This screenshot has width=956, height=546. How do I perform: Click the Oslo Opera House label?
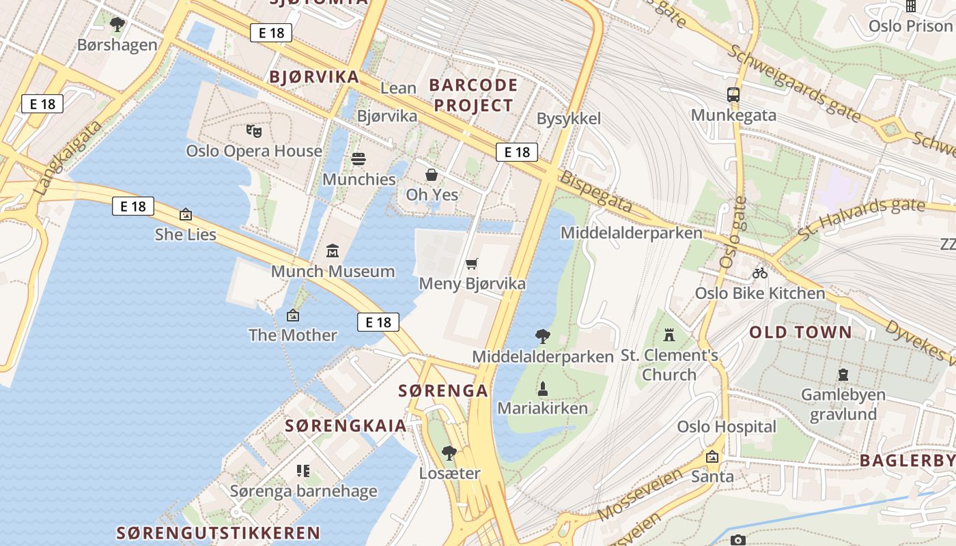click(254, 151)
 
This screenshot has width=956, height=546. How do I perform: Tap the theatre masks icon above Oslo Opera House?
click(254, 130)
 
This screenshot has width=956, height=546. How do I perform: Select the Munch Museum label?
click(333, 271)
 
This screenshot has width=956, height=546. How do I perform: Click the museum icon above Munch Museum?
click(333, 251)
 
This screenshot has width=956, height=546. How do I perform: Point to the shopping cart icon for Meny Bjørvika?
click(472, 263)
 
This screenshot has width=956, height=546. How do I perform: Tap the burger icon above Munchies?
click(358, 160)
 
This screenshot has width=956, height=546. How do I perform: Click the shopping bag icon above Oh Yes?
click(432, 175)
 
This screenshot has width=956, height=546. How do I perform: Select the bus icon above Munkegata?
click(733, 95)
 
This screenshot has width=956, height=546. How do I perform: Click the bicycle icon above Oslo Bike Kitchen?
click(760, 273)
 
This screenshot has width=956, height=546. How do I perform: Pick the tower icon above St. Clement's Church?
click(669, 335)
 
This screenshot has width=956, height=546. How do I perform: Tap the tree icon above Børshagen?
click(117, 25)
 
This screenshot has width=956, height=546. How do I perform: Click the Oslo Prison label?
click(910, 26)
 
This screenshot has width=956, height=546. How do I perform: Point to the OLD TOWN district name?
click(801, 332)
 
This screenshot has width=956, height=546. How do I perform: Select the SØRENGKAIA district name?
click(346, 426)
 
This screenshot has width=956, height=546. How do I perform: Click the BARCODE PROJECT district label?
click(473, 96)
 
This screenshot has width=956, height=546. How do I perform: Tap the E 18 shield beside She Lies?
click(133, 206)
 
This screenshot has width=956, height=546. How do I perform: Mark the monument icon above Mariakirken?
click(543, 389)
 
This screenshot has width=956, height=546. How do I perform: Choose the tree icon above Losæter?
click(449, 453)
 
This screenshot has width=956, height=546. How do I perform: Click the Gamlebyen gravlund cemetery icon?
click(843, 375)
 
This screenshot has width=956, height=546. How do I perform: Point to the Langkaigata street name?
click(68, 158)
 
